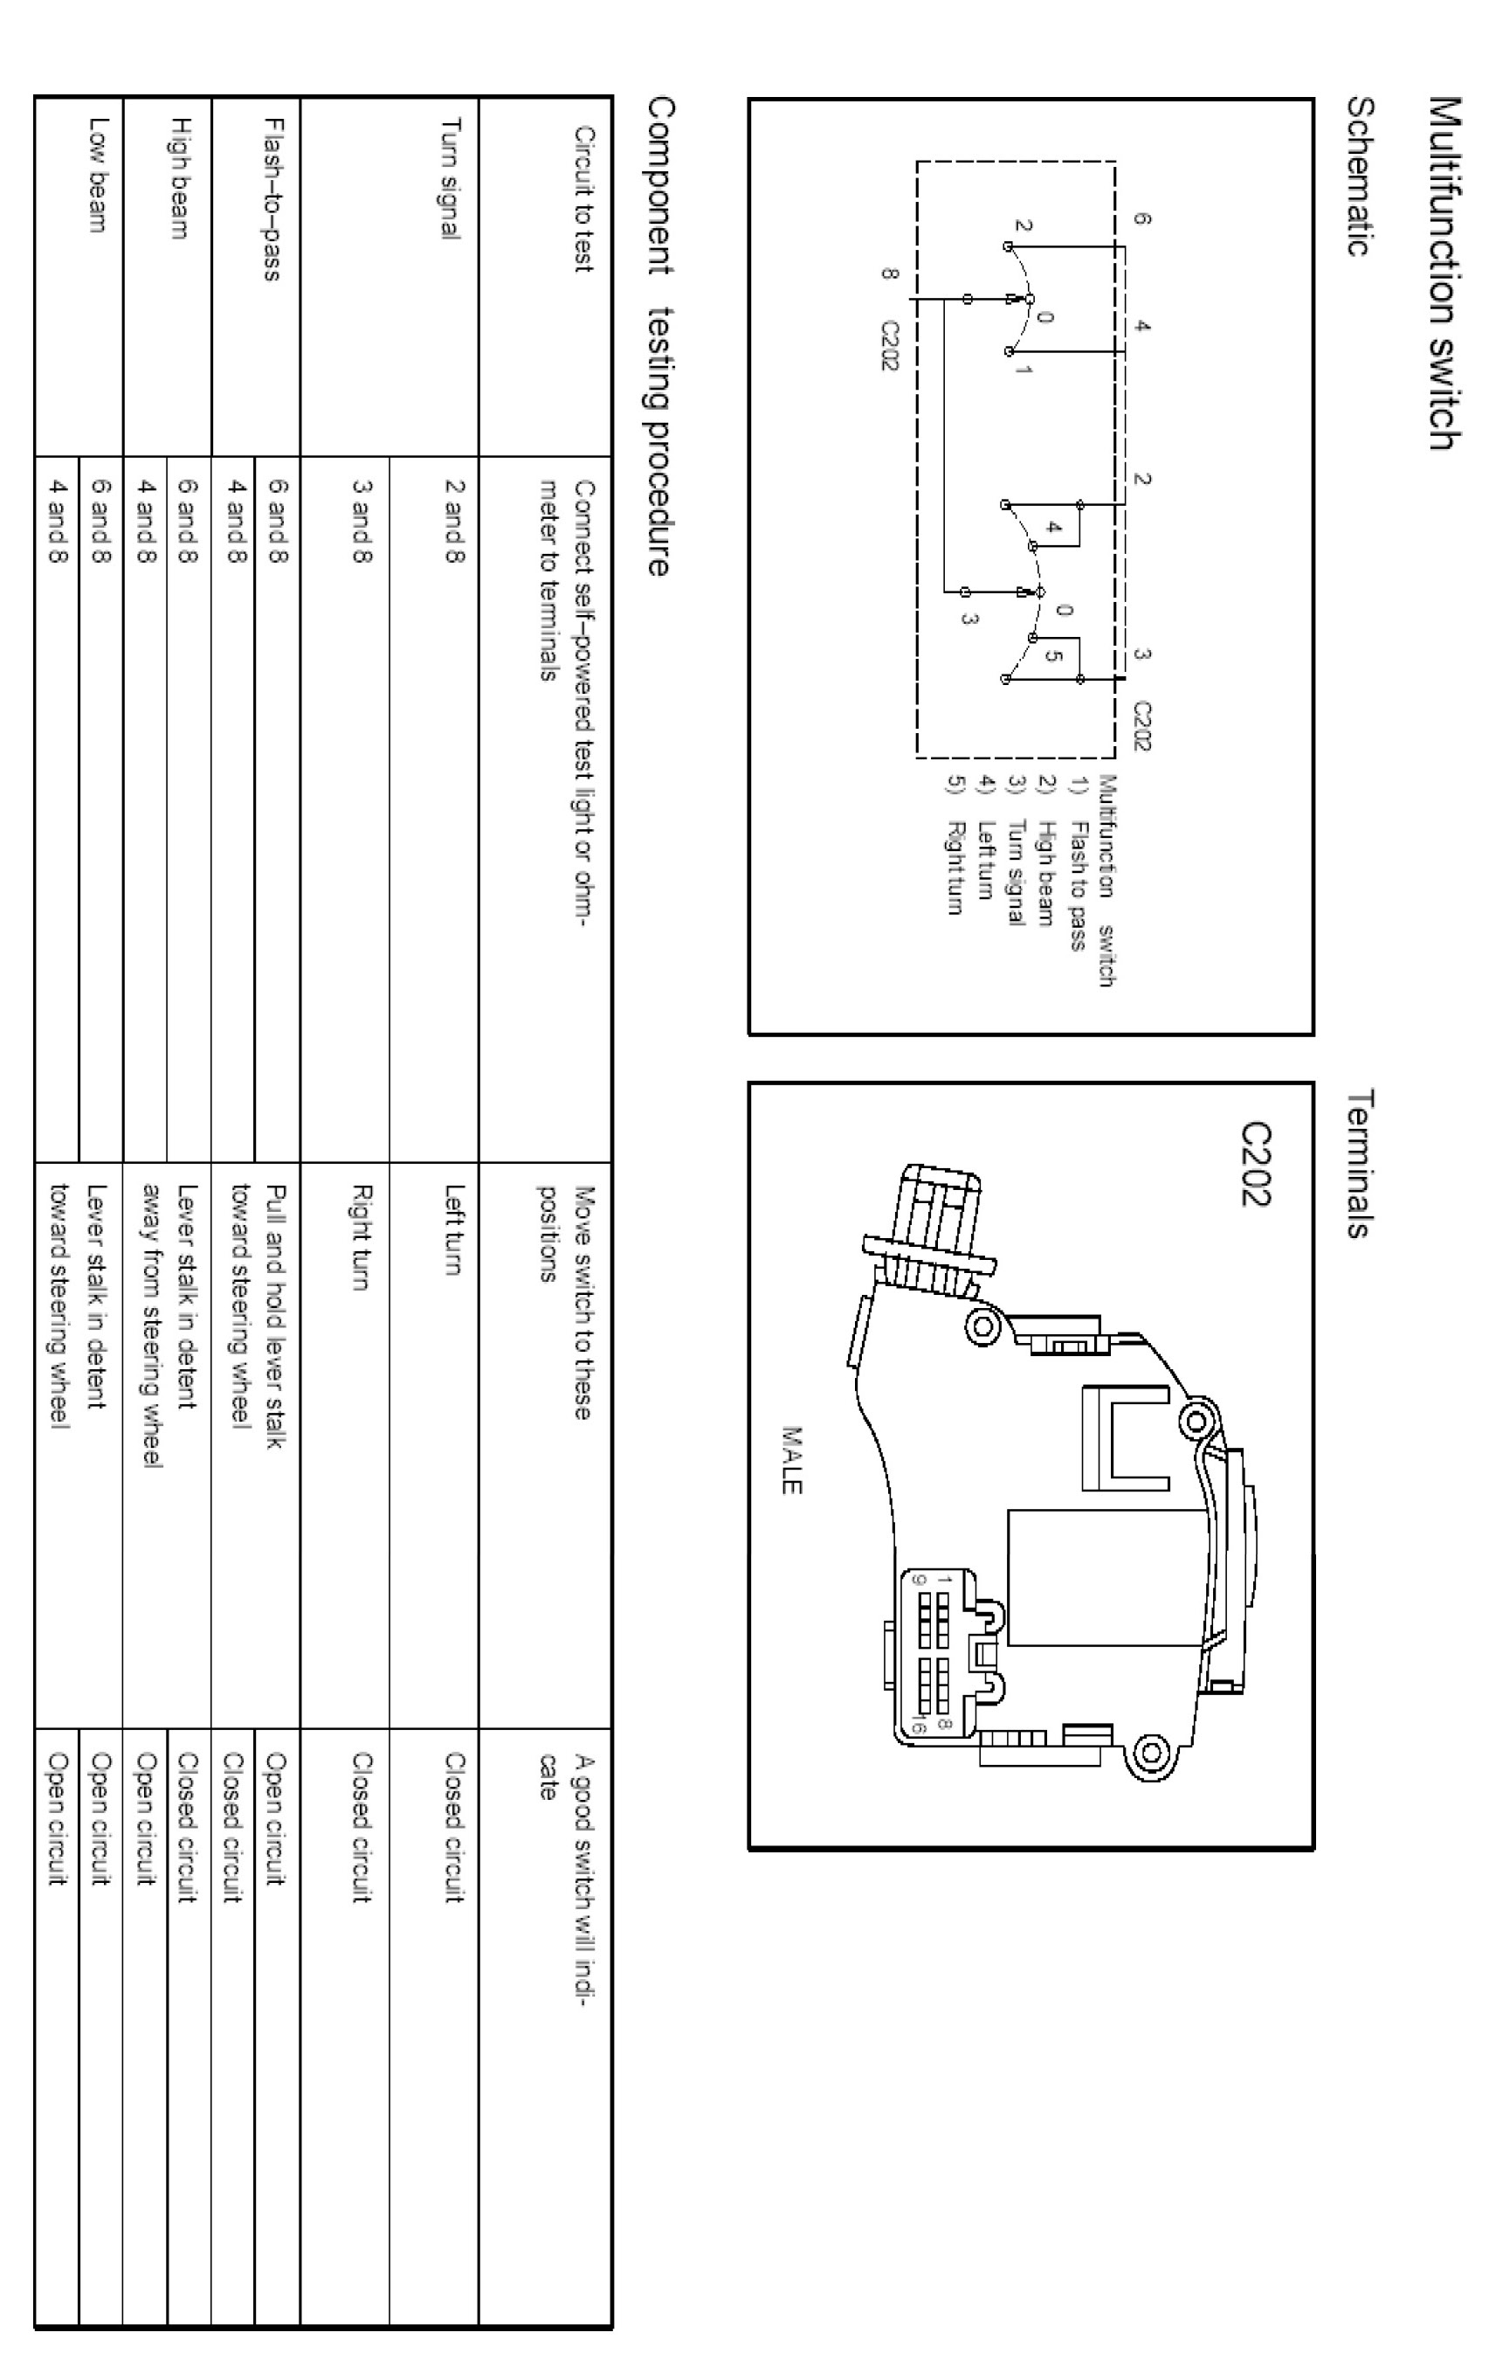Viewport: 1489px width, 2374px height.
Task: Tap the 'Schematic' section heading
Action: pyautogui.click(x=1360, y=176)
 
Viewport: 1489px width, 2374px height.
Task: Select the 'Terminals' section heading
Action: pyautogui.click(x=1360, y=1162)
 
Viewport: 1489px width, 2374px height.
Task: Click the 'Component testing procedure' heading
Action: pyautogui.click(x=660, y=336)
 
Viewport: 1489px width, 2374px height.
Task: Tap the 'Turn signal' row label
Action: pyautogui.click(x=450, y=178)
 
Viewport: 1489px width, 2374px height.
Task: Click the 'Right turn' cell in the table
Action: pyautogui.click(x=362, y=1236)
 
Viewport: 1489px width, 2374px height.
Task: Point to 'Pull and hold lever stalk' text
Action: pyautogui.click(x=277, y=1316)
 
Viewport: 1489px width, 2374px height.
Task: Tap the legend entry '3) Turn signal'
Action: pyautogui.click(x=1017, y=853)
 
